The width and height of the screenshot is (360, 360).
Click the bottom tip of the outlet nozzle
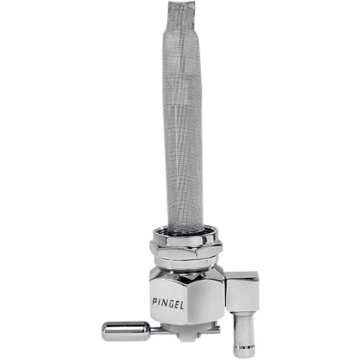[x=243, y=351]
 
